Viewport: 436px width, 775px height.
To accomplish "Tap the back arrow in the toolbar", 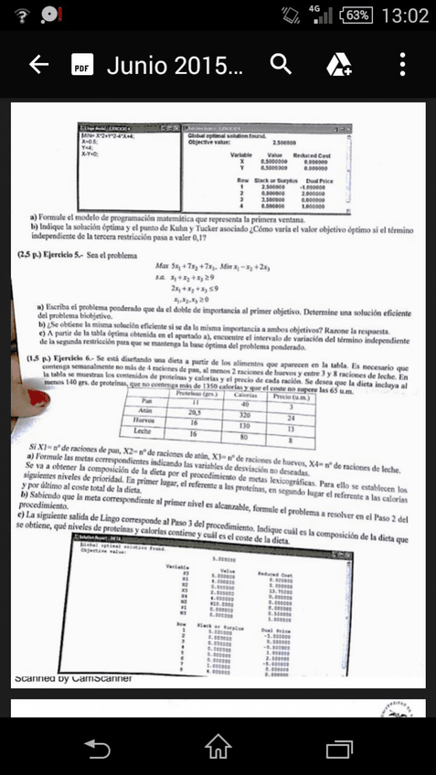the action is (38, 64).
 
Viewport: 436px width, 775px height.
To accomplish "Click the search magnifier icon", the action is (281, 64).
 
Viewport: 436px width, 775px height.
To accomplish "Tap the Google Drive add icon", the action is (339, 64).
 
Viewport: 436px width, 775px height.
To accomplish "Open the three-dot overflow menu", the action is (402, 64).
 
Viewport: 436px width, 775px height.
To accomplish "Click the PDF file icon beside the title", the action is (82, 65).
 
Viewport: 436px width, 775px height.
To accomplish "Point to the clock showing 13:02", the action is (404, 16).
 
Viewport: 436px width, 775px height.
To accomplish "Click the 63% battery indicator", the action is (356, 16).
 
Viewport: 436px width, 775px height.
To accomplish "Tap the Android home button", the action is (218, 748).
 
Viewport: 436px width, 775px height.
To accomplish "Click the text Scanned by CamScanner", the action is (74, 677).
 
